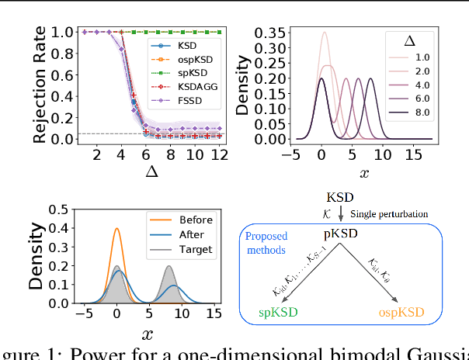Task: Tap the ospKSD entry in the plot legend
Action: pyautogui.click(x=182, y=59)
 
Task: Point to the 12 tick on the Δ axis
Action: pyautogui.click(x=220, y=156)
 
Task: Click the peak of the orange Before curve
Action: pyautogui.click(x=116, y=229)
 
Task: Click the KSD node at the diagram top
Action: pyautogui.click(x=340, y=198)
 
